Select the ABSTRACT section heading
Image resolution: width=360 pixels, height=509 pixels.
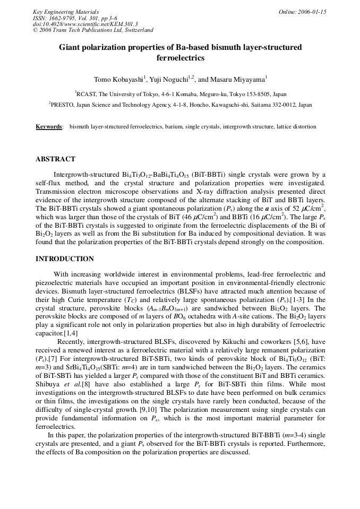point(55,159)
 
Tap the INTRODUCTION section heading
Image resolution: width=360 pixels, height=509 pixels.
point(64,259)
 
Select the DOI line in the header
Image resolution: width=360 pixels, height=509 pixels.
point(85,24)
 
